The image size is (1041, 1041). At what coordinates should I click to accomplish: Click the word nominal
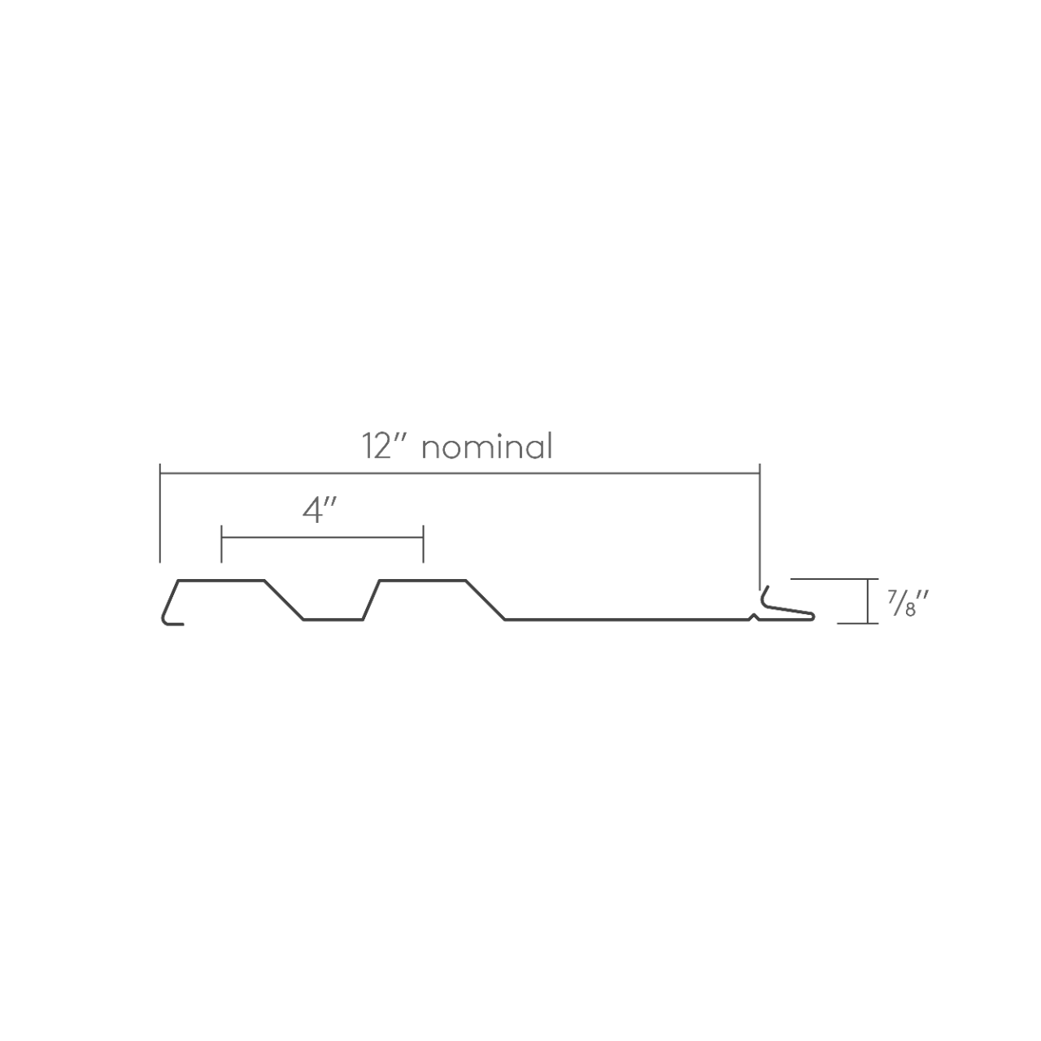[486, 447]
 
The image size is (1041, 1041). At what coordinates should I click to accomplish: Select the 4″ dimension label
[320, 511]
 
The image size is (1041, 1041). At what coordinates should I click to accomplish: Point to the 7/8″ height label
[906, 603]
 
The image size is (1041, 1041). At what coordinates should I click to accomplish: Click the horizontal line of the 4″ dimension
[322, 538]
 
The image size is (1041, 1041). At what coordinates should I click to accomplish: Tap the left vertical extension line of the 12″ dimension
[160, 512]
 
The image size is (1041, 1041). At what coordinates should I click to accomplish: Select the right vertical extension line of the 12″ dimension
[760, 520]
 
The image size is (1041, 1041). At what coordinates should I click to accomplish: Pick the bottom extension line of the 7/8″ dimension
[854, 623]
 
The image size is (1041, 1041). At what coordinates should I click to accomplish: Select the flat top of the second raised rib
[423, 580]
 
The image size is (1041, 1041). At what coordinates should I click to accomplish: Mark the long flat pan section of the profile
[626, 620]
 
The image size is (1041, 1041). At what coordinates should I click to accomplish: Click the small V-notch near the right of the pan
[755, 617]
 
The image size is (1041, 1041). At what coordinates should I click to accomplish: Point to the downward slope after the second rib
[486, 600]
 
